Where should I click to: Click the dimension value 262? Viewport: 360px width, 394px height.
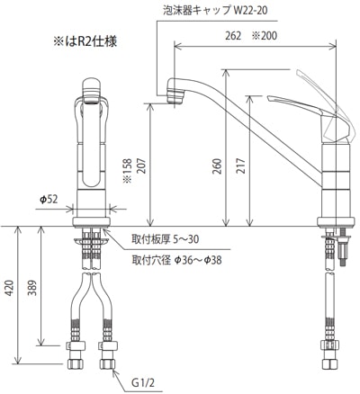[233, 36]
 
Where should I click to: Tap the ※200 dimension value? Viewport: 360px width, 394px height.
[264, 36]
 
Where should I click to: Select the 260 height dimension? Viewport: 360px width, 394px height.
[218, 166]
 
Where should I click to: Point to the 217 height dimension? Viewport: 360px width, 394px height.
[242, 166]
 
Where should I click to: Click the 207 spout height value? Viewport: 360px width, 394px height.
[141, 166]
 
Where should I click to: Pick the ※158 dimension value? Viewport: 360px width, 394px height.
[128, 171]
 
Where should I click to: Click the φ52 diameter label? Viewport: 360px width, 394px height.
[49, 200]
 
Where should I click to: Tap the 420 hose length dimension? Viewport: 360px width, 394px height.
[10, 288]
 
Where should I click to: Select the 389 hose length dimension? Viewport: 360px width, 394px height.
[31, 288]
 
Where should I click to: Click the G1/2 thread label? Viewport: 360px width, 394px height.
[143, 383]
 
